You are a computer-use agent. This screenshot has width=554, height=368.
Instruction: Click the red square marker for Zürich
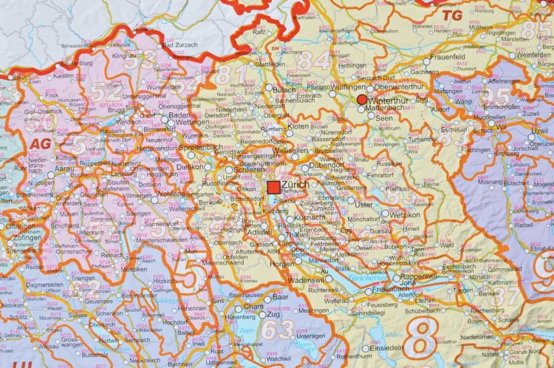pos(273,186)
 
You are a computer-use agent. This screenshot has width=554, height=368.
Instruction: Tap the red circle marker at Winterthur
pos(361,100)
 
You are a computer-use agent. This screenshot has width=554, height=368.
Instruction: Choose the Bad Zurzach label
pos(178,46)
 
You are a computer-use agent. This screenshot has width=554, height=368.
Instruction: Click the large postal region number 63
pos(278,330)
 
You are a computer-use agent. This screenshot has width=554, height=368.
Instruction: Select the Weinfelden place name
pos(534,55)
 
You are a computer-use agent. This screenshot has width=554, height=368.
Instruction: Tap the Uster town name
pos(364,204)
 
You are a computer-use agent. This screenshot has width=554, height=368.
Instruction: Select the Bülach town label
pos(284,89)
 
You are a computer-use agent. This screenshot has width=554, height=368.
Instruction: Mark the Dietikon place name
pos(195,168)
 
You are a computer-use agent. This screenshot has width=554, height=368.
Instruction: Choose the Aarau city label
pos(43,169)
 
